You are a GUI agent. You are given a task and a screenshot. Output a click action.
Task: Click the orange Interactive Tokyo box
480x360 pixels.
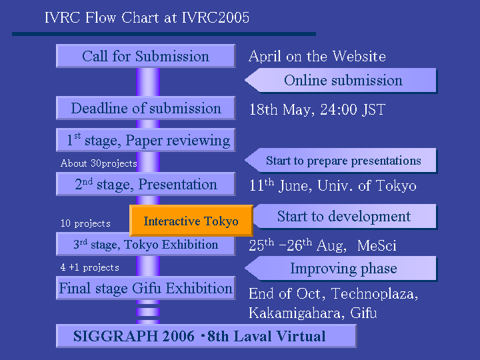pos(191,221)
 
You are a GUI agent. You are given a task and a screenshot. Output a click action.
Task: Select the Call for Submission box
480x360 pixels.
pos(146,56)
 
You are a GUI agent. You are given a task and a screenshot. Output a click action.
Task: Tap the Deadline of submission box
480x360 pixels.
pos(146,108)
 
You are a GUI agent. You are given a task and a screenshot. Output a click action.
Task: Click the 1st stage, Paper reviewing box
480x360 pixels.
pos(146,140)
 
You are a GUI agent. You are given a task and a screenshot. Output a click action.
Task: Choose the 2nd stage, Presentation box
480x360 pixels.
pos(146,184)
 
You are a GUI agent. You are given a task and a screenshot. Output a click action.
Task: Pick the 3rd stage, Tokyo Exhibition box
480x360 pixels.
pos(146,244)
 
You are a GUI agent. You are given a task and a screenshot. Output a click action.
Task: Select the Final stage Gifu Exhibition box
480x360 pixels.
pos(146,288)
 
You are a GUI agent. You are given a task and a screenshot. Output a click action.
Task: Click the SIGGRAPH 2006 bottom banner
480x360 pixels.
pos(206,336)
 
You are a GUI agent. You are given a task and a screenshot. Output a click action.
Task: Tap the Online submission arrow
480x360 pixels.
pos(341,81)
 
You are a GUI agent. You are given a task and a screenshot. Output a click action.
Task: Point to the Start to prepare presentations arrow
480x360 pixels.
pos(341,161)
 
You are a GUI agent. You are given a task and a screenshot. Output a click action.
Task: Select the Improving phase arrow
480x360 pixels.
pos(341,269)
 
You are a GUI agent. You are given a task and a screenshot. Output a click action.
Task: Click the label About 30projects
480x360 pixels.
pos(99,163)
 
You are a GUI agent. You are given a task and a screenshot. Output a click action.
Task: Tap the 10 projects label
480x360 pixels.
pos(85,223)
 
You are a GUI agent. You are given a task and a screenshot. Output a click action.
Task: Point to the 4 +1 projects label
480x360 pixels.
pos(90,267)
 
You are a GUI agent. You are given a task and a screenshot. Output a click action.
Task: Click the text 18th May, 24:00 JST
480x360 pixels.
pos(317,109)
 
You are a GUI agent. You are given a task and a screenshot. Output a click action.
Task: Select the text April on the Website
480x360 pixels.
pos(317,56)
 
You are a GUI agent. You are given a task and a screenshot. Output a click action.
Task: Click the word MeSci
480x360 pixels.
pos(377,245)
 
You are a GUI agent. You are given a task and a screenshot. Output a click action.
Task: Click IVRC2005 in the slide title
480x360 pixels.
pos(216,17)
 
